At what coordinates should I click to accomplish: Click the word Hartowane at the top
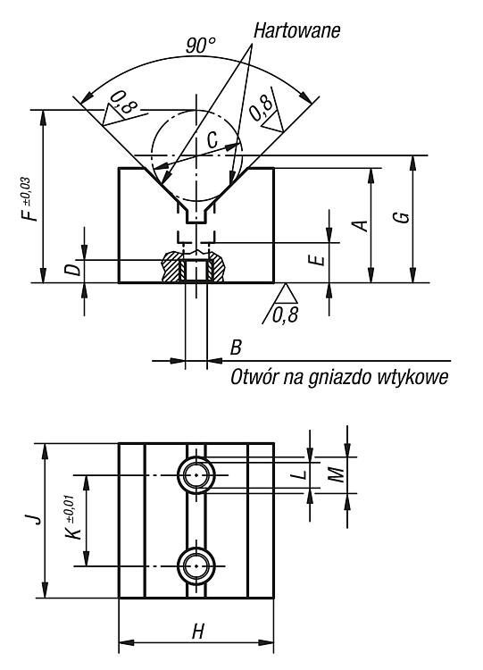pyautogui.click(x=296, y=30)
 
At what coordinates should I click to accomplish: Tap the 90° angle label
pyautogui.click(x=201, y=46)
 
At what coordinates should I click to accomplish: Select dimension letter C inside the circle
pyautogui.click(x=212, y=139)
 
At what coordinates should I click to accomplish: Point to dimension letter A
pyautogui.click(x=361, y=225)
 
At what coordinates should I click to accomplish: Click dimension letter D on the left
pyautogui.click(x=74, y=270)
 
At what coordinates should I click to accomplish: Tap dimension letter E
pyautogui.click(x=319, y=259)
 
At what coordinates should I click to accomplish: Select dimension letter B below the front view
pyautogui.click(x=236, y=348)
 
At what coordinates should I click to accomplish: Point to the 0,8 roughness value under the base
pyautogui.click(x=285, y=315)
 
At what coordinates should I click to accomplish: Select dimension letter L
pyautogui.click(x=301, y=473)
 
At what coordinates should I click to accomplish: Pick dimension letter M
pyautogui.click(x=337, y=474)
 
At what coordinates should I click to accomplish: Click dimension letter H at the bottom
pyautogui.click(x=197, y=631)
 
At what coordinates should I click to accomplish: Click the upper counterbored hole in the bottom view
pyautogui.click(x=196, y=474)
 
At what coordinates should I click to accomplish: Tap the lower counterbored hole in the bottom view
pyautogui.click(x=196, y=566)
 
